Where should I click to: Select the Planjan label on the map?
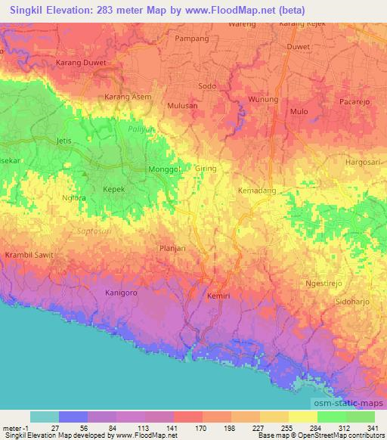[172, 248]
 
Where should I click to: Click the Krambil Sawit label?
[29, 256]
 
